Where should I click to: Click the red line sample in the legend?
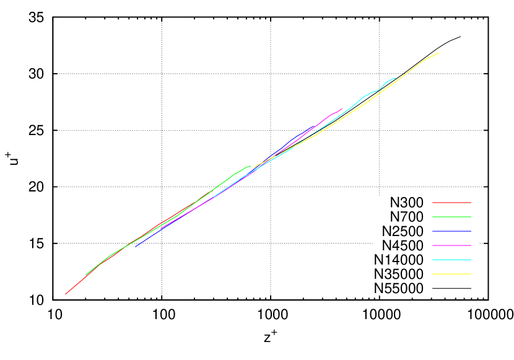(451, 203)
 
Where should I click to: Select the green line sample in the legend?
(451, 217)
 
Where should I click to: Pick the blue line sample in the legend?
(451, 231)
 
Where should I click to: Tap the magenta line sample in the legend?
(451, 245)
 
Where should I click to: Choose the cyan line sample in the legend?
(451, 260)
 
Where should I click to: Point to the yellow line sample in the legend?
(451, 274)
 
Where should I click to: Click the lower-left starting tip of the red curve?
(66, 294)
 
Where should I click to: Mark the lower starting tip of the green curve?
(85, 275)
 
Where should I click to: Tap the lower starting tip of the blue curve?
(136, 247)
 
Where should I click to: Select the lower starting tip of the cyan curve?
(214, 197)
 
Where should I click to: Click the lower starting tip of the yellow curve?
(254, 167)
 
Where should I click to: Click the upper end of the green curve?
(250, 166)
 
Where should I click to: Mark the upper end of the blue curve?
(313, 127)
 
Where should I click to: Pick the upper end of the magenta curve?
(342, 109)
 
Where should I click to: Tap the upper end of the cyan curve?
(395, 78)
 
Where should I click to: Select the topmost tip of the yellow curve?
(438, 53)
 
